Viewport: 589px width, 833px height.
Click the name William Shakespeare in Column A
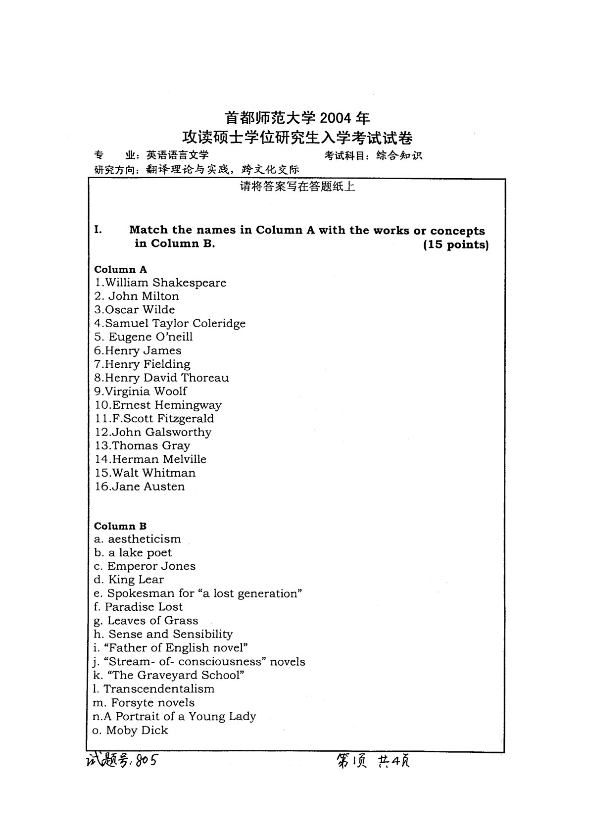[161, 283]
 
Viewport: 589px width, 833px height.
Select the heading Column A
[121, 270]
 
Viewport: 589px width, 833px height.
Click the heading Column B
[120, 526]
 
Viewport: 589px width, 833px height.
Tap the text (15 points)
[456, 245]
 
